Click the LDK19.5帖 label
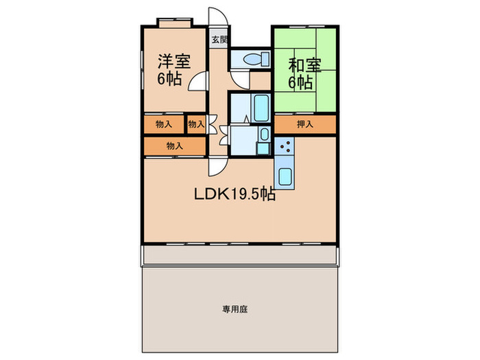(234, 194)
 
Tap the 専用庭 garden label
(235, 309)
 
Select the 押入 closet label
(305, 124)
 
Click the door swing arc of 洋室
(197, 82)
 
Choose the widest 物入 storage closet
(174, 146)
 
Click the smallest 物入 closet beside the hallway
(196, 124)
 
